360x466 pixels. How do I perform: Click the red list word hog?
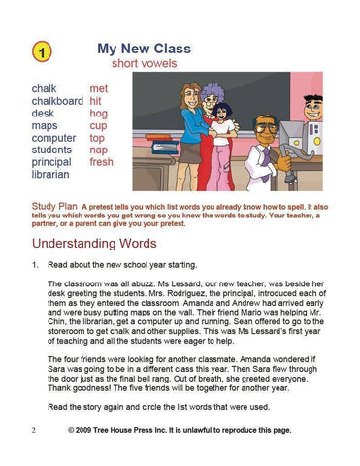(x=99, y=113)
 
